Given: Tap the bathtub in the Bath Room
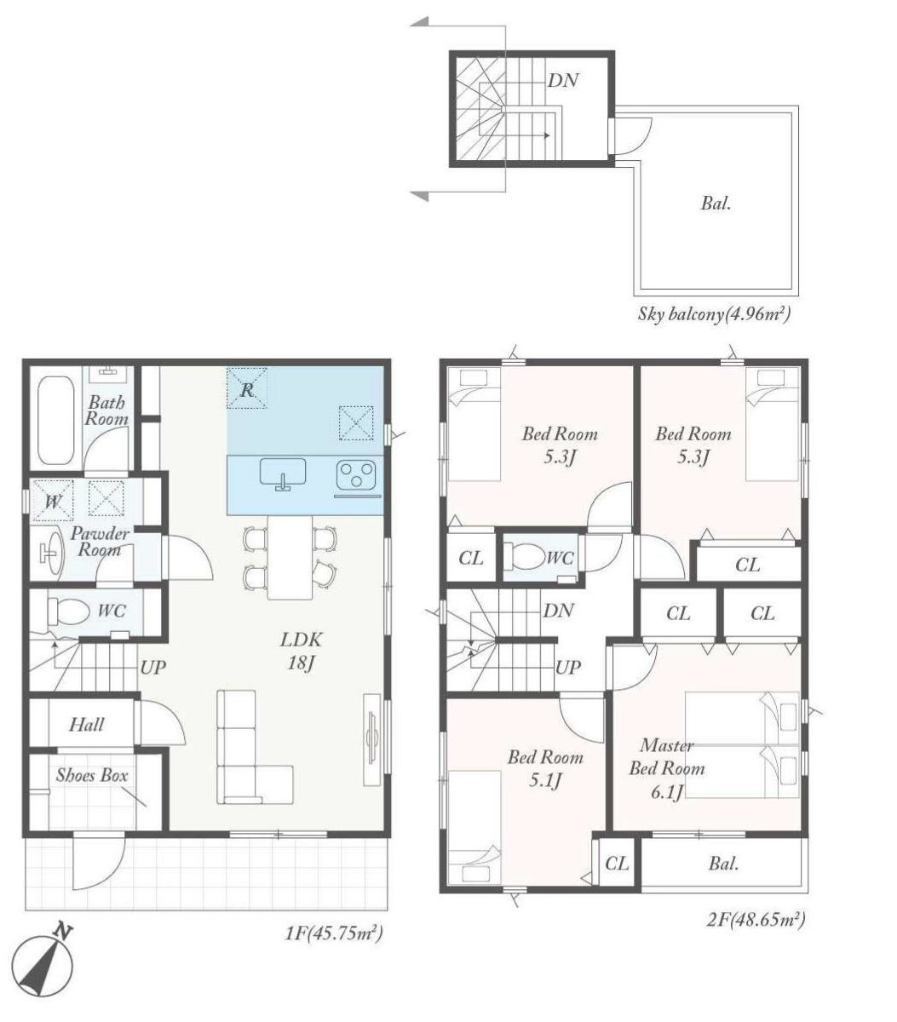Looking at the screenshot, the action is tap(56, 420).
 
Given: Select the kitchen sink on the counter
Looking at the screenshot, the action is tap(283, 474).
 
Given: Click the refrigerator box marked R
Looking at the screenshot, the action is tap(247, 388).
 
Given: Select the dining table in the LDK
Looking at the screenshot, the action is tap(290, 557).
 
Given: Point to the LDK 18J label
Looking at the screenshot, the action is tap(301, 652).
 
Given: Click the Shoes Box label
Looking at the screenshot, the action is tap(92, 775).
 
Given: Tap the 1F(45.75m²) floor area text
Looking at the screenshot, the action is tap(333, 933).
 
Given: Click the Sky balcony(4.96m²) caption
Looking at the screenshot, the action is tap(714, 314).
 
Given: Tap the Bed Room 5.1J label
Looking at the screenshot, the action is tap(545, 769).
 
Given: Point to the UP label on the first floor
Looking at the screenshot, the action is tap(152, 668).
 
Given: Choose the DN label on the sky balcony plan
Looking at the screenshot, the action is tap(564, 80).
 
